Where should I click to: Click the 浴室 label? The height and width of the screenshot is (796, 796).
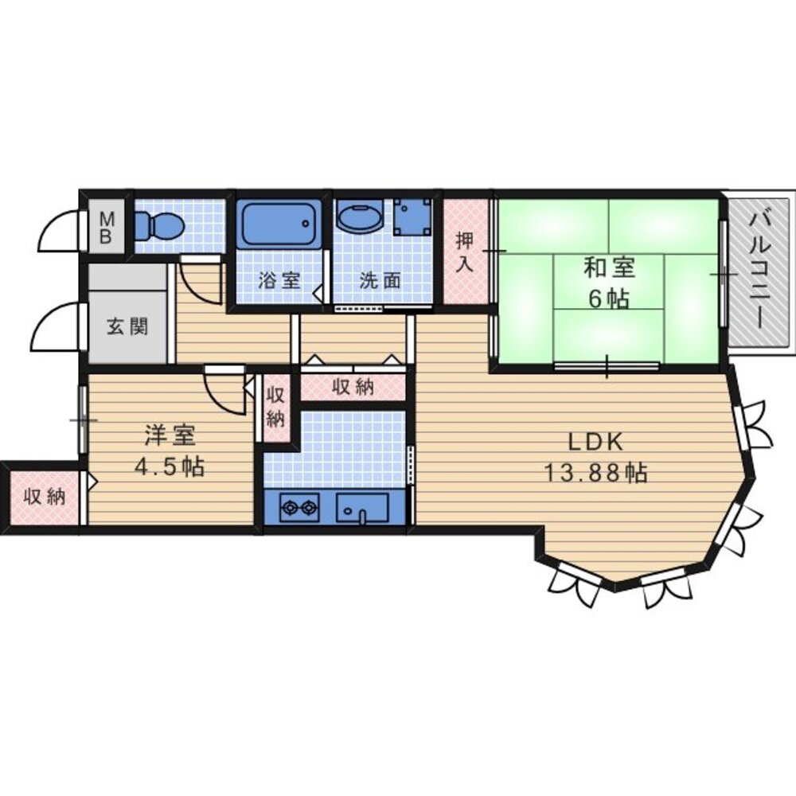click(x=279, y=280)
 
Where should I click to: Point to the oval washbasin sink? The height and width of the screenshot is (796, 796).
click(x=359, y=216)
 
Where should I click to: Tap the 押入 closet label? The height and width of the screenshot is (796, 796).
click(x=465, y=253)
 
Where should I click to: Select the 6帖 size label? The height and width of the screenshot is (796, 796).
click(x=607, y=298)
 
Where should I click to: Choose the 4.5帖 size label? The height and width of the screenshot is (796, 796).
click(x=169, y=467)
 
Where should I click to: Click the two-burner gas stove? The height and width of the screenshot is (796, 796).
click(x=298, y=506)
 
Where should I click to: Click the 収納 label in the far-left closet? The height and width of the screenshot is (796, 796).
click(x=44, y=497)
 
